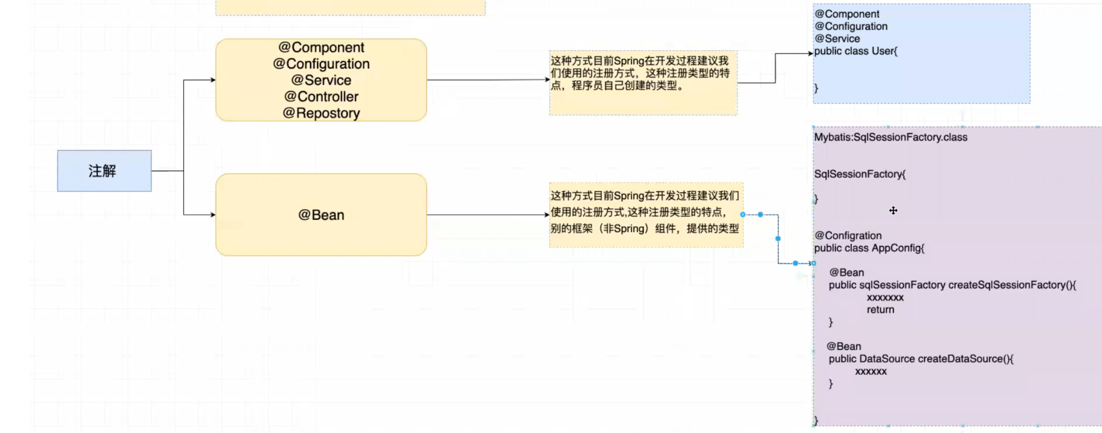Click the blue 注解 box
[104, 171]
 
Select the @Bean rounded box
[321, 215]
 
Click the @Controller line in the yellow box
[321, 97]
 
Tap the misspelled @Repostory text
[321, 113]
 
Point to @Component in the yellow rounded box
[321, 47]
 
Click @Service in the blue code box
[837, 39]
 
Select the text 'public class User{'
[855, 51]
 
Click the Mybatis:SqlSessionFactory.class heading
[890, 137]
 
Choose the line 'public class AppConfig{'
[868, 248]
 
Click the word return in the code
[880, 310]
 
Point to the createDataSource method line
[920, 359]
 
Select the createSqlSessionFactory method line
[952, 285]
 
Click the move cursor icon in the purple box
[893, 211]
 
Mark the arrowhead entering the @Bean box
[213, 215]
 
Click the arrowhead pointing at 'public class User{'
[810, 54]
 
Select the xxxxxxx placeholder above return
[885, 298]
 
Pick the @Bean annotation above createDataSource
[844, 346]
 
